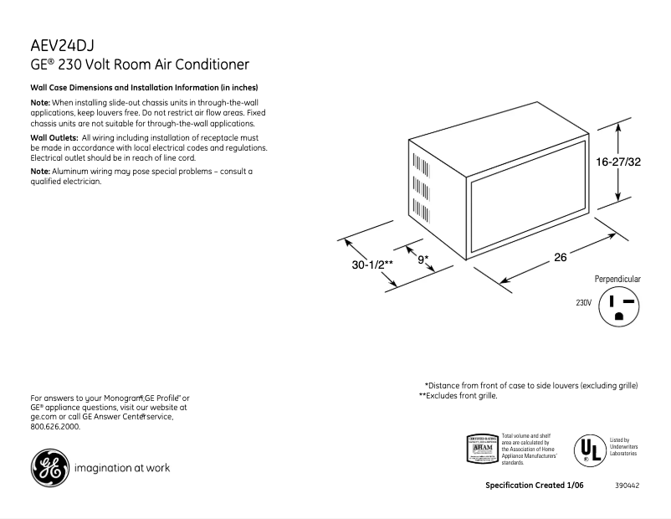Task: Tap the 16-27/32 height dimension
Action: pos(618,162)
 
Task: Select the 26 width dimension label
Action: pos(561,258)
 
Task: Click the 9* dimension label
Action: pos(423,259)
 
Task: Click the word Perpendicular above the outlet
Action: pos(617,279)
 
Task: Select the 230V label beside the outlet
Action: pos(583,302)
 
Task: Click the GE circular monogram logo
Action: pos(48,468)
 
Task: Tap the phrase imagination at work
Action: pos(123,468)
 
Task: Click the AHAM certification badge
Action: pos(481,449)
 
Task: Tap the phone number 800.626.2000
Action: pos(55,426)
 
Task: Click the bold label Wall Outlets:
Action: pos(54,136)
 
